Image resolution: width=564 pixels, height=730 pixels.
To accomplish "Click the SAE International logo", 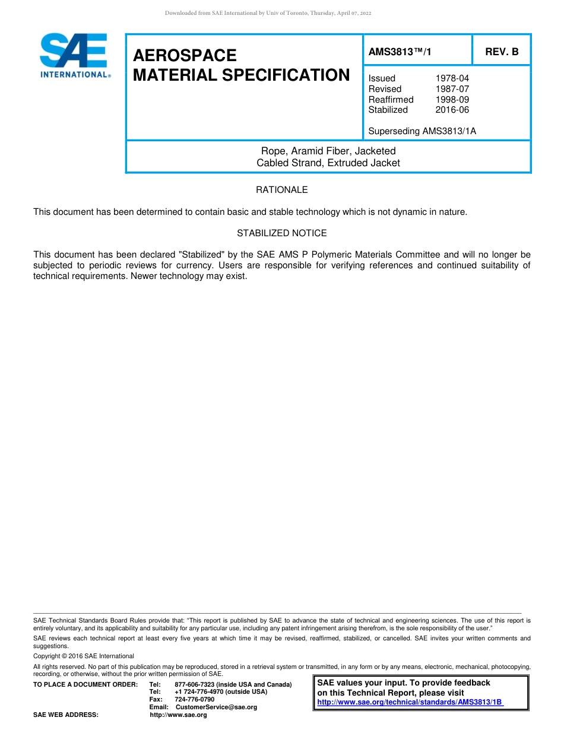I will pos(74,56).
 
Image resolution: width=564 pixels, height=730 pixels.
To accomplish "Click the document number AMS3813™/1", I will pos(400,52).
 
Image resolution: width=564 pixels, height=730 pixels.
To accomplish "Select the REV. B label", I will pos(502,52).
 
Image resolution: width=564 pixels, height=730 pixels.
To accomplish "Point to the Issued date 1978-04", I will pos(452,78).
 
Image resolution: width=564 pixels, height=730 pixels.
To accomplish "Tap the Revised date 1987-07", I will pos(452,89).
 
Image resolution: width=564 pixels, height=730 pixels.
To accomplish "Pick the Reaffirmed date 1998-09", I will pos(452,100).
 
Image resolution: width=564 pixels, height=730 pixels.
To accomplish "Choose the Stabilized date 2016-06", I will pos(452,110).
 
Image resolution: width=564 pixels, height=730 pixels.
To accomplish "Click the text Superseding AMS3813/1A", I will pos(422,131).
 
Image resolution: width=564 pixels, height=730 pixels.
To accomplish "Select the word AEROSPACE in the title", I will pos(185,55).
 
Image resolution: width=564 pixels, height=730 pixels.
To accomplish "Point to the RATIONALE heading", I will pos(281,190).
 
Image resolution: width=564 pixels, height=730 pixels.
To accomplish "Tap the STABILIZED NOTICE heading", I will pos(281,233).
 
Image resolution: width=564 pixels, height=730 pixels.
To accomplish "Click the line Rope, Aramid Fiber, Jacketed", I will pos(328,151).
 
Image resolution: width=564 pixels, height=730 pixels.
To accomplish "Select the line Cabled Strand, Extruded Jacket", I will pos(328,163).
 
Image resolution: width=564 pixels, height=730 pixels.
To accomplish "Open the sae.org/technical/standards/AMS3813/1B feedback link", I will pos(410,702).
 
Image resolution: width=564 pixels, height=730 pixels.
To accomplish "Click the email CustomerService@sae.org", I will pos(216,707).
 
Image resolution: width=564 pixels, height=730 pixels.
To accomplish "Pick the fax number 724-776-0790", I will pos(194,699).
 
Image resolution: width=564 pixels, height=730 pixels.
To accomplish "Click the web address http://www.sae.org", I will pos(178,715).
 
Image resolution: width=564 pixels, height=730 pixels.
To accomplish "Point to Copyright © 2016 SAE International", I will pos(84,656).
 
